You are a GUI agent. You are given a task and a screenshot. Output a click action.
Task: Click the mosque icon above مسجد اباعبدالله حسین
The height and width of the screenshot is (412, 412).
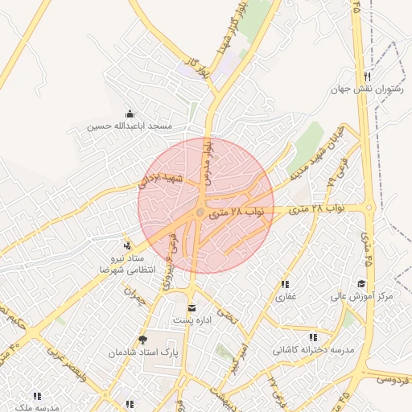coord(130,113)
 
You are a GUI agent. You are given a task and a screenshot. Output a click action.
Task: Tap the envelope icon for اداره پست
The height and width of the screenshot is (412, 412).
coord(192,307)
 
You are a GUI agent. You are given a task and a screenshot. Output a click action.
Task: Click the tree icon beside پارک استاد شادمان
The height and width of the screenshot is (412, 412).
coord(143,340)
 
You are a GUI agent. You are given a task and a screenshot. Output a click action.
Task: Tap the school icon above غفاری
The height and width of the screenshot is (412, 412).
coord(285,284)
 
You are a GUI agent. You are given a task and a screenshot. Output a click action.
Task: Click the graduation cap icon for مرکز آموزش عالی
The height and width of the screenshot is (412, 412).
coord(361,283)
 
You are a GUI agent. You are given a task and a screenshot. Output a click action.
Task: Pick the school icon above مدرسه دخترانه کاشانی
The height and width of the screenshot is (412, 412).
coord(313,337)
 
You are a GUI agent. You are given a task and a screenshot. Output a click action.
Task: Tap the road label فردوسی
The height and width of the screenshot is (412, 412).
coord(393,374)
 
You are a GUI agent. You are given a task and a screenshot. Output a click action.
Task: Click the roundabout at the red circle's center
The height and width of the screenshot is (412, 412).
coord(200,212)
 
